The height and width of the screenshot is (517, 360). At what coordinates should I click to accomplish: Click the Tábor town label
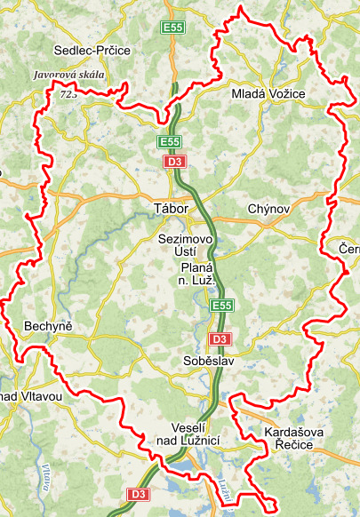pyautogui.click(x=171, y=209)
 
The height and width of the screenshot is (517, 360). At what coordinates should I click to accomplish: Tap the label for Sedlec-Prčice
pyautogui.click(x=92, y=51)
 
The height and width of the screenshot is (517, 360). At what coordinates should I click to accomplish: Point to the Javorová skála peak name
pyautogui.click(x=68, y=76)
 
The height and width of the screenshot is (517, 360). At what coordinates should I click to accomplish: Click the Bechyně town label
pyautogui.click(x=48, y=326)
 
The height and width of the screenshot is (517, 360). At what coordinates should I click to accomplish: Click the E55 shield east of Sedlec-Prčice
pyautogui.click(x=172, y=28)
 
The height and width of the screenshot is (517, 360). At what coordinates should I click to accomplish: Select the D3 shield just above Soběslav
pyautogui.click(x=220, y=339)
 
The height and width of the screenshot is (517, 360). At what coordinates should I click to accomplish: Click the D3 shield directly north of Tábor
pyautogui.click(x=174, y=162)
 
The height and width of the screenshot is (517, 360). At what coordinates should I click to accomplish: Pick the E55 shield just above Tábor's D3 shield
pyautogui.click(x=171, y=142)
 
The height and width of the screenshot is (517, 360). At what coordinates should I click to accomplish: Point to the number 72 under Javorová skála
pyautogui.click(x=66, y=92)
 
